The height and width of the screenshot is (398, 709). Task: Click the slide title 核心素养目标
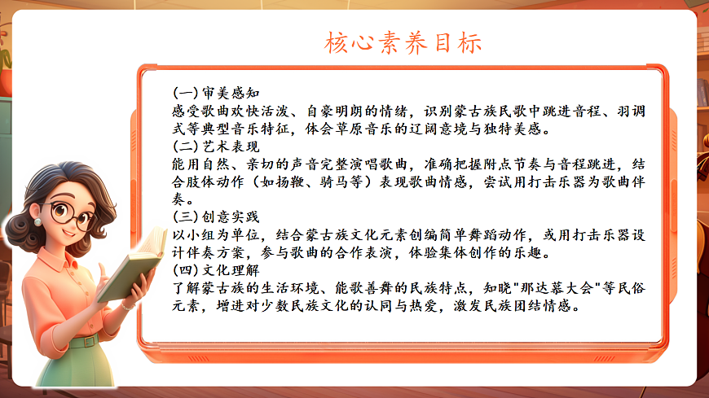(403, 42)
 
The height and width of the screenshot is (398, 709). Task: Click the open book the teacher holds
(130, 269)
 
